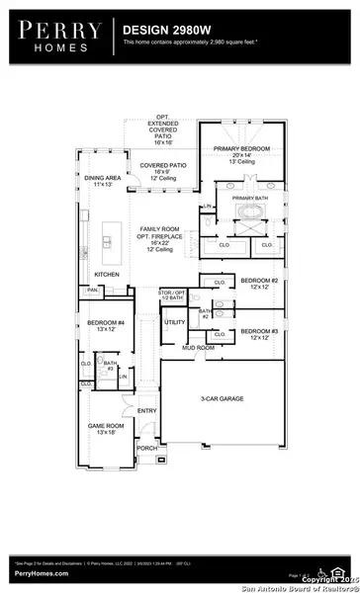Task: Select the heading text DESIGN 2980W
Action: (163, 31)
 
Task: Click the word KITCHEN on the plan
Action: (107, 246)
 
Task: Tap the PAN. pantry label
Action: (92, 263)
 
